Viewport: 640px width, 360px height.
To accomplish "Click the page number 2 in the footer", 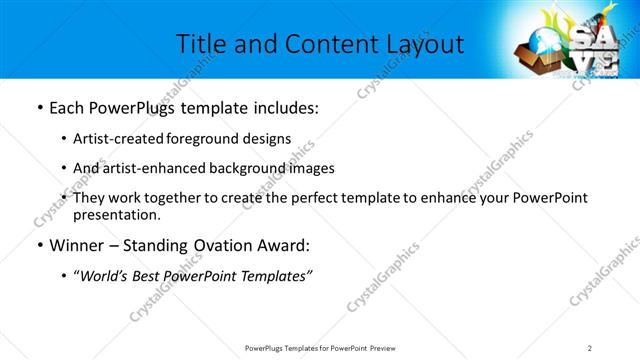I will pos(590,347).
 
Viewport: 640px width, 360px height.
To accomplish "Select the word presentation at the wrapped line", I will pos(116,214).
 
